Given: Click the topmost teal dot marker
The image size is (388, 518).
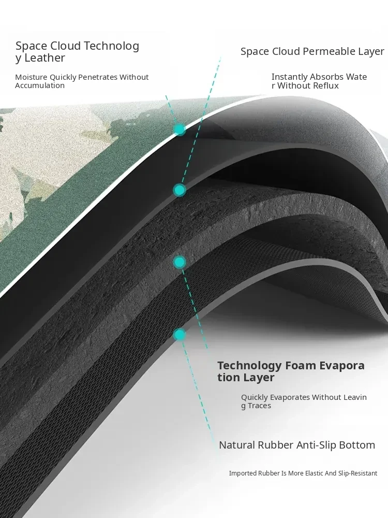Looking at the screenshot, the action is (180, 129).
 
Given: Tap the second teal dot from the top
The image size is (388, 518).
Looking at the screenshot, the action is (180, 190).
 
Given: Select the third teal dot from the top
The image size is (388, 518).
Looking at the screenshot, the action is (180, 262).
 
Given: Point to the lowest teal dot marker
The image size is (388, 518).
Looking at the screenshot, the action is (180, 335).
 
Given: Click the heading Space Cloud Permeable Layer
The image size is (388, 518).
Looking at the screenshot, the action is (312, 51).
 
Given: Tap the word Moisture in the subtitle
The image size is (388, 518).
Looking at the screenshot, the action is (31, 77).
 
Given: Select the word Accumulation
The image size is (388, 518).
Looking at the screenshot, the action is (40, 85).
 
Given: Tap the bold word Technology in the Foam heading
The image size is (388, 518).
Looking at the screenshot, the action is (249, 366).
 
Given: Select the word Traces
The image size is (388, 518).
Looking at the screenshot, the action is (259, 406).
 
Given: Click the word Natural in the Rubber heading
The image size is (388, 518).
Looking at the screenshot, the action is (237, 445).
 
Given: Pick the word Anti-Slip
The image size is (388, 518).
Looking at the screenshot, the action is (313, 445).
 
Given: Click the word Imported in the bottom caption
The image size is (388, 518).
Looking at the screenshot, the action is (243, 473).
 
